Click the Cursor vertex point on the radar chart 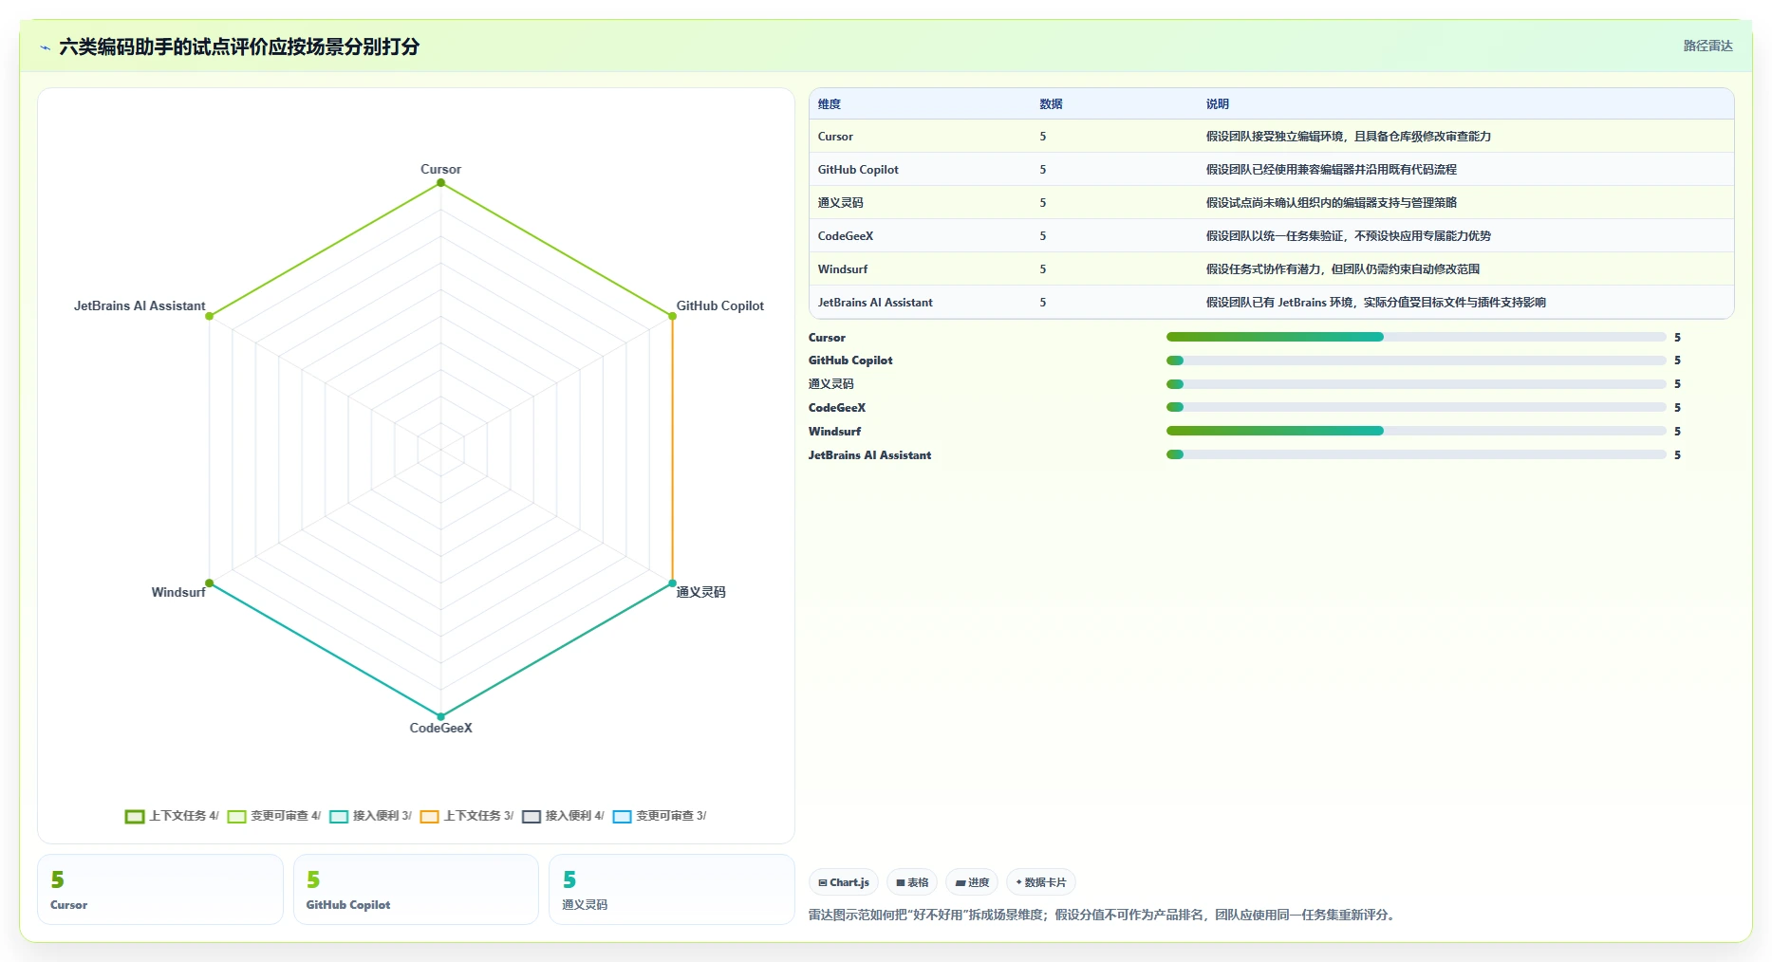coord(440,183)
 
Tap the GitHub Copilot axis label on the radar coord(719,305)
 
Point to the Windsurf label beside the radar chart coord(178,592)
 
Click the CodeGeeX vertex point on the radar coord(440,716)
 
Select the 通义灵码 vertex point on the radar coord(672,583)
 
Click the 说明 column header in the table coord(1218,104)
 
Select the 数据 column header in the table coord(1051,104)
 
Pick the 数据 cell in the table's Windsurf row coord(1042,269)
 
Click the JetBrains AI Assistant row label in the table coord(875,303)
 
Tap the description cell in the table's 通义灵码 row coord(1331,203)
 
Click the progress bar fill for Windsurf coord(1275,431)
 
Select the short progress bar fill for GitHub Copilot coord(1175,361)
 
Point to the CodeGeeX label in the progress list coord(837,408)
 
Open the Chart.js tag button coord(844,882)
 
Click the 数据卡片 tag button coord(1041,882)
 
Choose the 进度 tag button coord(972,882)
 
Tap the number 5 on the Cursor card coord(58,879)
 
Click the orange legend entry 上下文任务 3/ coord(467,816)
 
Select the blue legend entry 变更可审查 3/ coord(660,816)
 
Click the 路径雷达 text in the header coord(1707,46)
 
